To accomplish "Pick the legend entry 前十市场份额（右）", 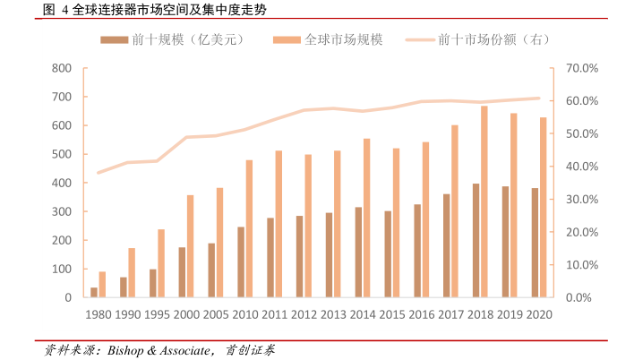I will tap(493, 39).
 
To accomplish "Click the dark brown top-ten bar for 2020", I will tap(535, 243).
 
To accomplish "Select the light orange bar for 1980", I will tap(102, 284).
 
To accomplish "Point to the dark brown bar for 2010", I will tap(241, 261).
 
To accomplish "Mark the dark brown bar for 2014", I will tap(358, 252).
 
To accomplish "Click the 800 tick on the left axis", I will tap(62, 68).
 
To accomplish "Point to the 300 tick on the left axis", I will tap(62, 211).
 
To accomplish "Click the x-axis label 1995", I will tap(157, 314).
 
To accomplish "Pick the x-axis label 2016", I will tap(422, 314).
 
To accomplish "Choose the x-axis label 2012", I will tap(304, 314).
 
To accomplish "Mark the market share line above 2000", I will tap(186, 137).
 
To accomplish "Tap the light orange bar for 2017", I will tap(454, 210).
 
